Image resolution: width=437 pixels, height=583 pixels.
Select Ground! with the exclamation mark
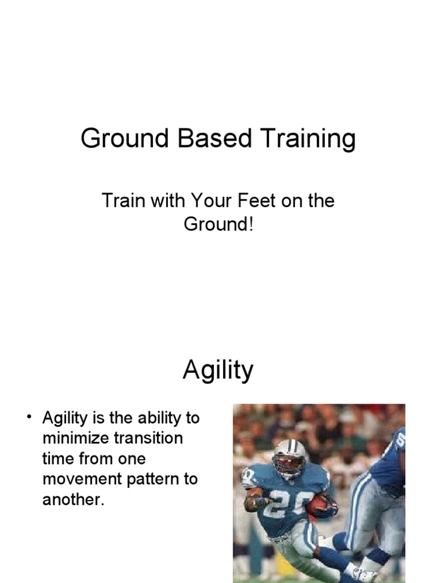(x=218, y=224)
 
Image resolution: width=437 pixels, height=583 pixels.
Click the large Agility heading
(x=218, y=371)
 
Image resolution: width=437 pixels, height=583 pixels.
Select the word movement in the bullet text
(x=81, y=479)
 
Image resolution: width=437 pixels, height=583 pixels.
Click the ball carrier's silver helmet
(x=289, y=456)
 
